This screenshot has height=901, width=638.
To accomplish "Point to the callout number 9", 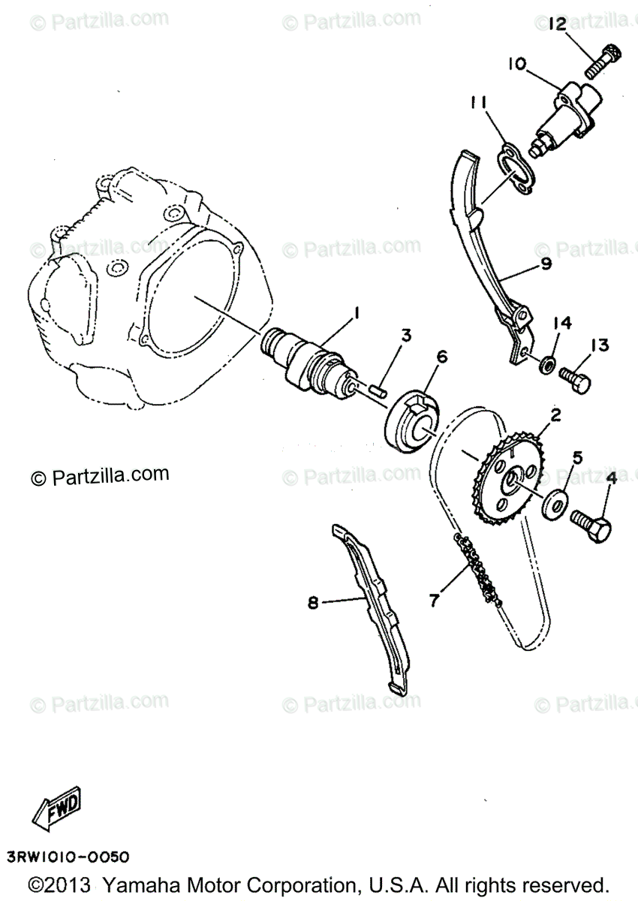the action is point(546,264).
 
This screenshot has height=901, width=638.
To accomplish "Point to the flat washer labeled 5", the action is point(555,503).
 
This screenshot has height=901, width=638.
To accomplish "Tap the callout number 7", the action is point(433,600).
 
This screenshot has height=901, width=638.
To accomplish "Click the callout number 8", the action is point(313,614).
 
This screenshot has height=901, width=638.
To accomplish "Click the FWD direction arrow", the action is point(56,808).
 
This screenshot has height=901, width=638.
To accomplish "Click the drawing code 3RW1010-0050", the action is point(68,856).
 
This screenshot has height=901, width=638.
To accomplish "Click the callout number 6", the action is point(441,357).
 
